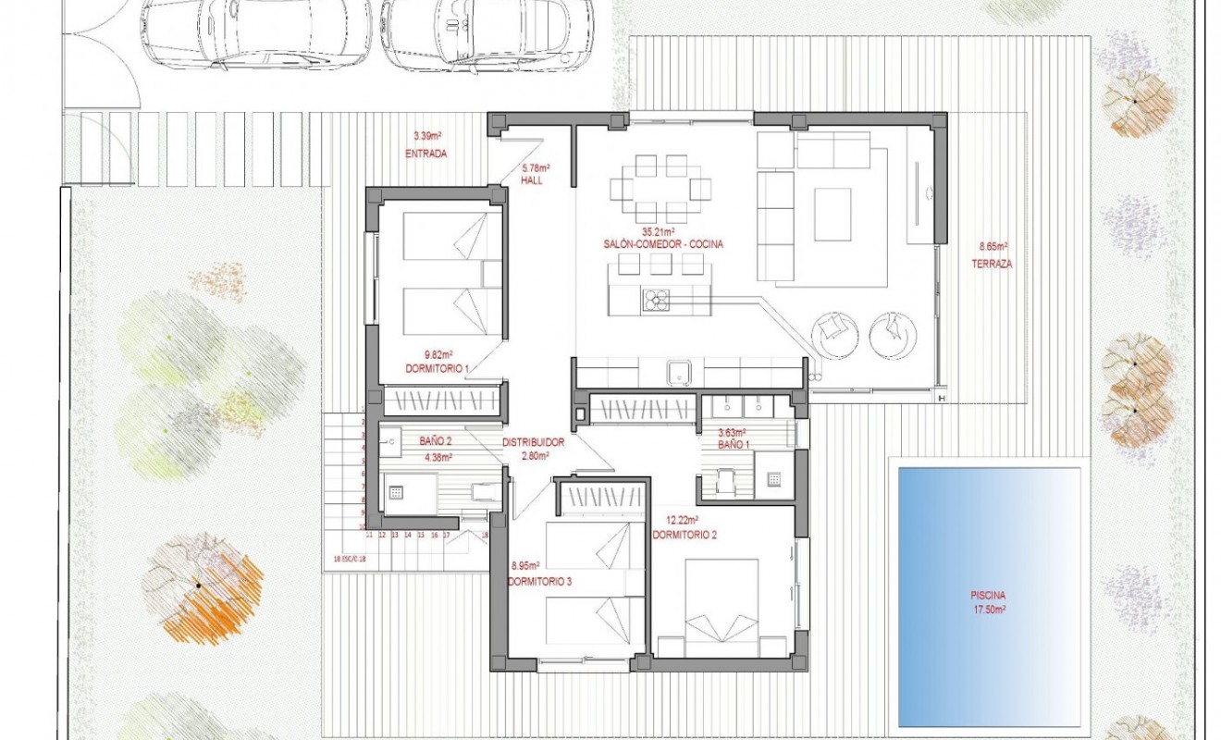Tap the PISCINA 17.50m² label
click(988, 602)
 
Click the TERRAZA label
click(992, 264)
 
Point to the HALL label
click(531, 181)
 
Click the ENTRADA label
click(425, 154)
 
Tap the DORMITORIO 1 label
click(438, 368)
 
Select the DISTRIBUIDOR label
click(533, 442)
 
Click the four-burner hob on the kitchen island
click(656, 299)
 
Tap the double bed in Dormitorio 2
click(721, 606)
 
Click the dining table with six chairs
click(660, 189)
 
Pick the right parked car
click(487, 33)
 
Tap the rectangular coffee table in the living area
click(832, 215)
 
